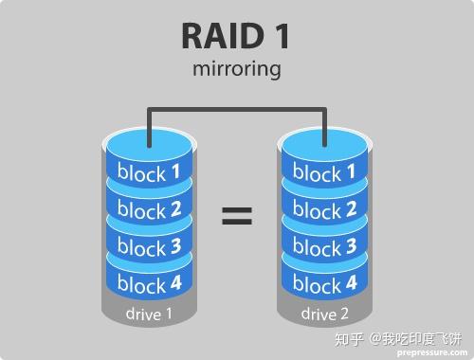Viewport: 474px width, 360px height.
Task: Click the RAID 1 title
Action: click(x=236, y=35)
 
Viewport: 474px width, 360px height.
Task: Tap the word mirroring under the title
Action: click(x=236, y=69)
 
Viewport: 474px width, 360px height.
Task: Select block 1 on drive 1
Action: click(x=149, y=172)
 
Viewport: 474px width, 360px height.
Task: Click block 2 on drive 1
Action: click(x=149, y=209)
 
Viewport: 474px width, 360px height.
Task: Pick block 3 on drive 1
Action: click(x=149, y=246)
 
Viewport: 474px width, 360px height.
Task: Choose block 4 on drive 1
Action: click(x=149, y=282)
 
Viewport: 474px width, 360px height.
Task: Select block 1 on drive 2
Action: click(x=324, y=172)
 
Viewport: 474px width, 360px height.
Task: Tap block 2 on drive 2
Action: click(x=324, y=209)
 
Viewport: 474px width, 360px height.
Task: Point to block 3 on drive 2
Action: click(x=324, y=246)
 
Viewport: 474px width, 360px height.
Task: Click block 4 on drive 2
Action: click(x=324, y=282)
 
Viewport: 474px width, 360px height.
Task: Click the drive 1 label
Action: click(x=149, y=314)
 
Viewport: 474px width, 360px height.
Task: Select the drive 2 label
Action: click(x=324, y=314)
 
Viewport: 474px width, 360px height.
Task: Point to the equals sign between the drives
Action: click(x=237, y=217)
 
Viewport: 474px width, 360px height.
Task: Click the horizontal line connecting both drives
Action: click(x=236, y=108)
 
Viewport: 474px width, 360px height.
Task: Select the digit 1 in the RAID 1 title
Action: click(x=279, y=35)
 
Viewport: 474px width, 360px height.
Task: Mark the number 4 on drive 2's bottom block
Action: click(x=351, y=282)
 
